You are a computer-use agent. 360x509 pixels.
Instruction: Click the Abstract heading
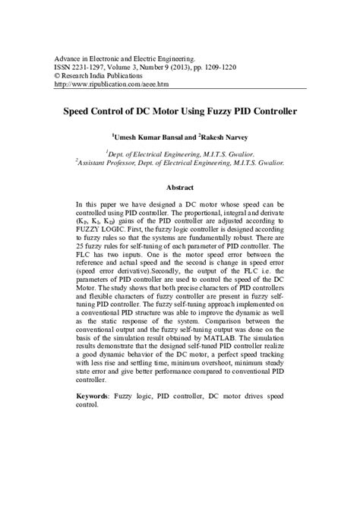(x=180, y=187)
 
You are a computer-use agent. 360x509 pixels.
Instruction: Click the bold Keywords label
(x=96, y=397)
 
